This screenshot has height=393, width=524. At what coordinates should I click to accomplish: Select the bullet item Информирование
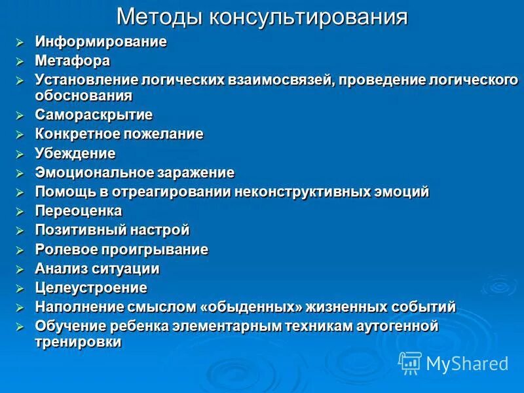tap(101, 42)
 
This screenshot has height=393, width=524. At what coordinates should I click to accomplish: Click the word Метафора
tap(73, 61)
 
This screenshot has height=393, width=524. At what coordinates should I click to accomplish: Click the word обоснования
tap(84, 96)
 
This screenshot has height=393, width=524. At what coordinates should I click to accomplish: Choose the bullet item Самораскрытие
tap(94, 115)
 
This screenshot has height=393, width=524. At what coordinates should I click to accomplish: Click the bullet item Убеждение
tap(75, 154)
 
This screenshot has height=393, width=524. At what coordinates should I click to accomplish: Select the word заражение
tap(195, 173)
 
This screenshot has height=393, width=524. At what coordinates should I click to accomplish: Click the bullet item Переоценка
tap(79, 211)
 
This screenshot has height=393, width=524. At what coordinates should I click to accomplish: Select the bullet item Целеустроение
tap(91, 288)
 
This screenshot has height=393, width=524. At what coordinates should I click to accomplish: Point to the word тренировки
tap(78, 342)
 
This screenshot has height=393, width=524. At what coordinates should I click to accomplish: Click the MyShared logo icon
tap(410, 362)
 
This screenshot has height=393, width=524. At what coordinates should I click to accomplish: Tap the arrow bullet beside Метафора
tap(21, 62)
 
